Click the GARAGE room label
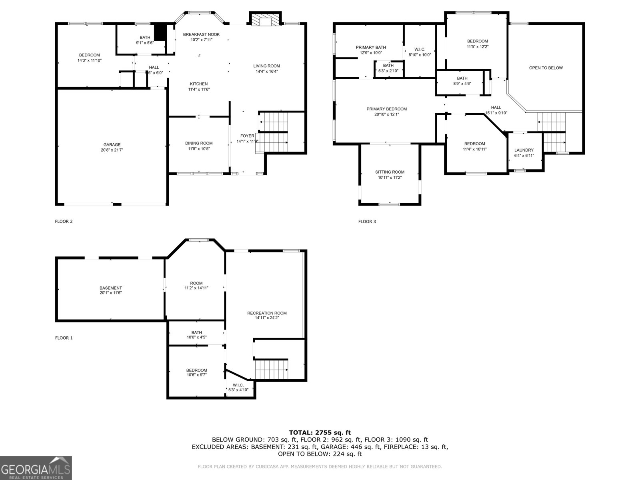click(x=112, y=145)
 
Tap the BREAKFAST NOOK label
click(x=201, y=34)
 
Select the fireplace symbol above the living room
click(x=265, y=20)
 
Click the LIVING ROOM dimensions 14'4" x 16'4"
click(x=266, y=72)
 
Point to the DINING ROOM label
click(x=199, y=143)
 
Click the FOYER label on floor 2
click(x=247, y=136)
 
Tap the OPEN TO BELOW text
click(x=546, y=68)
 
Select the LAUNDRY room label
click(x=524, y=150)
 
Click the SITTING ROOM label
click(x=390, y=172)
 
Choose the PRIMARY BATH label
click(x=371, y=47)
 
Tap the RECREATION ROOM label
click(x=267, y=313)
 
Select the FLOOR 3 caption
click(x=367, y=222)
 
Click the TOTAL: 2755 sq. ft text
click(x=320, y=432)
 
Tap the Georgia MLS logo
click(x=36, y=468)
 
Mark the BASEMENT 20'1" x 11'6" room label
click(x=111, y=290)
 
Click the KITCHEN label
click(x=199, y=84)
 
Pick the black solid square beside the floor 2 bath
click(x=160, y=32)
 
